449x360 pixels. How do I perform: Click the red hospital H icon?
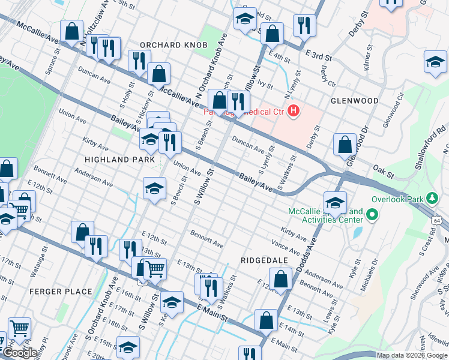pyautogui.click(x=294, y=111)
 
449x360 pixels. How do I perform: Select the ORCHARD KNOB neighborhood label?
pyautogui.click(x=173, y=46)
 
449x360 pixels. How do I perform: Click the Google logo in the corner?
pyautogui.click(x=20, y=353)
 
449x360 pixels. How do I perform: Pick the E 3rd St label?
pyautogui.click(x=319, y=56)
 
